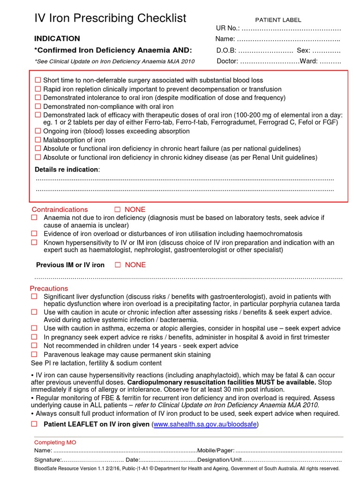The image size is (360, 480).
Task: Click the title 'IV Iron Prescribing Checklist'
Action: click(x=110, y=18)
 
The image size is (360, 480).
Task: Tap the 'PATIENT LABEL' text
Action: click(x=278, y=20)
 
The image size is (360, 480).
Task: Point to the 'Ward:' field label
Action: click(x=308, y=61)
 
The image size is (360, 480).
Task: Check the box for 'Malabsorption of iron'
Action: click(x=38, y=140)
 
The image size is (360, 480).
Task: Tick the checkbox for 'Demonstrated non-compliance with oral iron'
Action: click(x=38, y=106)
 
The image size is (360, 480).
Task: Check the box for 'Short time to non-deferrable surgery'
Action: click(x=38, y=81)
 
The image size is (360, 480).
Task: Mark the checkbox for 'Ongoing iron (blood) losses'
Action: click(x=38, y=131)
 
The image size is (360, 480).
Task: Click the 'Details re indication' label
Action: click(x=67, y=169)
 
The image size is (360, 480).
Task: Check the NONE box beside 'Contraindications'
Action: click(x=118, y=210)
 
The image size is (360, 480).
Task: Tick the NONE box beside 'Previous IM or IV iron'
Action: click(x=118, y=265)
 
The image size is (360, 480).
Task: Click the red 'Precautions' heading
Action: click(x=49, y=288)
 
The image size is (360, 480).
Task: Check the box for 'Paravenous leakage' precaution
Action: click(x=34, y=354)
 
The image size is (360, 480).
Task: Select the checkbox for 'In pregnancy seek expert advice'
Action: click(x=34, y=337)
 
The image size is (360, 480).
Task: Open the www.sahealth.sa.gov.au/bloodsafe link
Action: click(x=205, y=424)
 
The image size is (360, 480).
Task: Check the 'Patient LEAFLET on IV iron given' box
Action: click(x=34, y=424)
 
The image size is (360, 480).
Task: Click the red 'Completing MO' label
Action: click(x=55, y=442)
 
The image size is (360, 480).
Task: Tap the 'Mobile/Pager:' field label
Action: click(x=216, y=450)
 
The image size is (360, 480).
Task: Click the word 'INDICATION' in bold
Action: click(x=57, y=38)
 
